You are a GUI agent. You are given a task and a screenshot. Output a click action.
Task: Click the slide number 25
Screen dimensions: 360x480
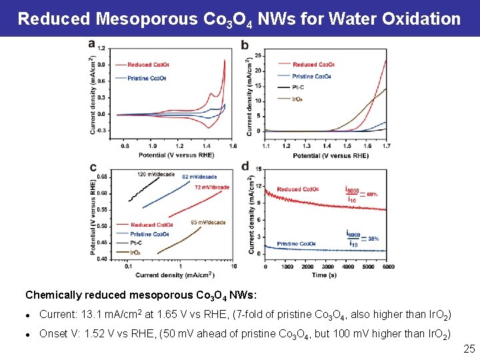(x=469, y=348)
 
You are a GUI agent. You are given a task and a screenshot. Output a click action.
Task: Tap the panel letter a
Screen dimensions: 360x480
(x=91, y=44)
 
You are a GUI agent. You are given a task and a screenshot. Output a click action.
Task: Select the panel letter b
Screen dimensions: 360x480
(x=245, y=45)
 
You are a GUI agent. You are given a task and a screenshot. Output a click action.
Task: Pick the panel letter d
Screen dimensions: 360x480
(x=245, y=167)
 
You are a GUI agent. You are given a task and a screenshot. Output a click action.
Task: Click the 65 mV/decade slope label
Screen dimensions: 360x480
(x=207, y=222)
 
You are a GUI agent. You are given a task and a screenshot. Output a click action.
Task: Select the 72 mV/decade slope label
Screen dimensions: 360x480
(x=211, y=187)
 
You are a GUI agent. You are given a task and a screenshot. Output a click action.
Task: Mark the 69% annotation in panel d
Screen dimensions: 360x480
(x=371, y=194)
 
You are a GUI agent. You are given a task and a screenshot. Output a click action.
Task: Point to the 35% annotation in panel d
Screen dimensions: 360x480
(x=373, y=238)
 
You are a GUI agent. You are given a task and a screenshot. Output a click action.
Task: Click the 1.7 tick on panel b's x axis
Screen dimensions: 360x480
(x=387, y=145)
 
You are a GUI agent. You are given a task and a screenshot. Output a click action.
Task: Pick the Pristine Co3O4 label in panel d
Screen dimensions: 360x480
(x=296, y=244)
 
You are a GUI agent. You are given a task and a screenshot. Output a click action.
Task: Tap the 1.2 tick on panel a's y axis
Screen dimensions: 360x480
(x=101, y=48)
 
